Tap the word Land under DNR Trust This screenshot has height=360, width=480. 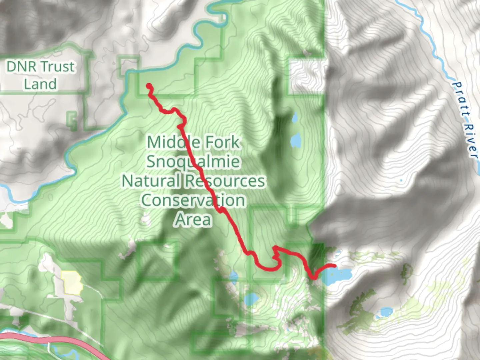(x=40, y=84)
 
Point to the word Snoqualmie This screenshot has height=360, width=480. (x=193, y=162)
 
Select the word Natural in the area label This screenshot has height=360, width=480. (x=151, y=181)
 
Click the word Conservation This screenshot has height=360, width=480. (x=193, y=200)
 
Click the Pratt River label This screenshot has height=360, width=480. (x=465, y=120)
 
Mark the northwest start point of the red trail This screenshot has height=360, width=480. (x=149, y=86)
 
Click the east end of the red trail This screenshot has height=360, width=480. (x=334, y=266)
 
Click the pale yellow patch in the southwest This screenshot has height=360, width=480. (x=72, y=282)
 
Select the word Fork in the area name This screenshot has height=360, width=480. (x=222, y=142)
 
